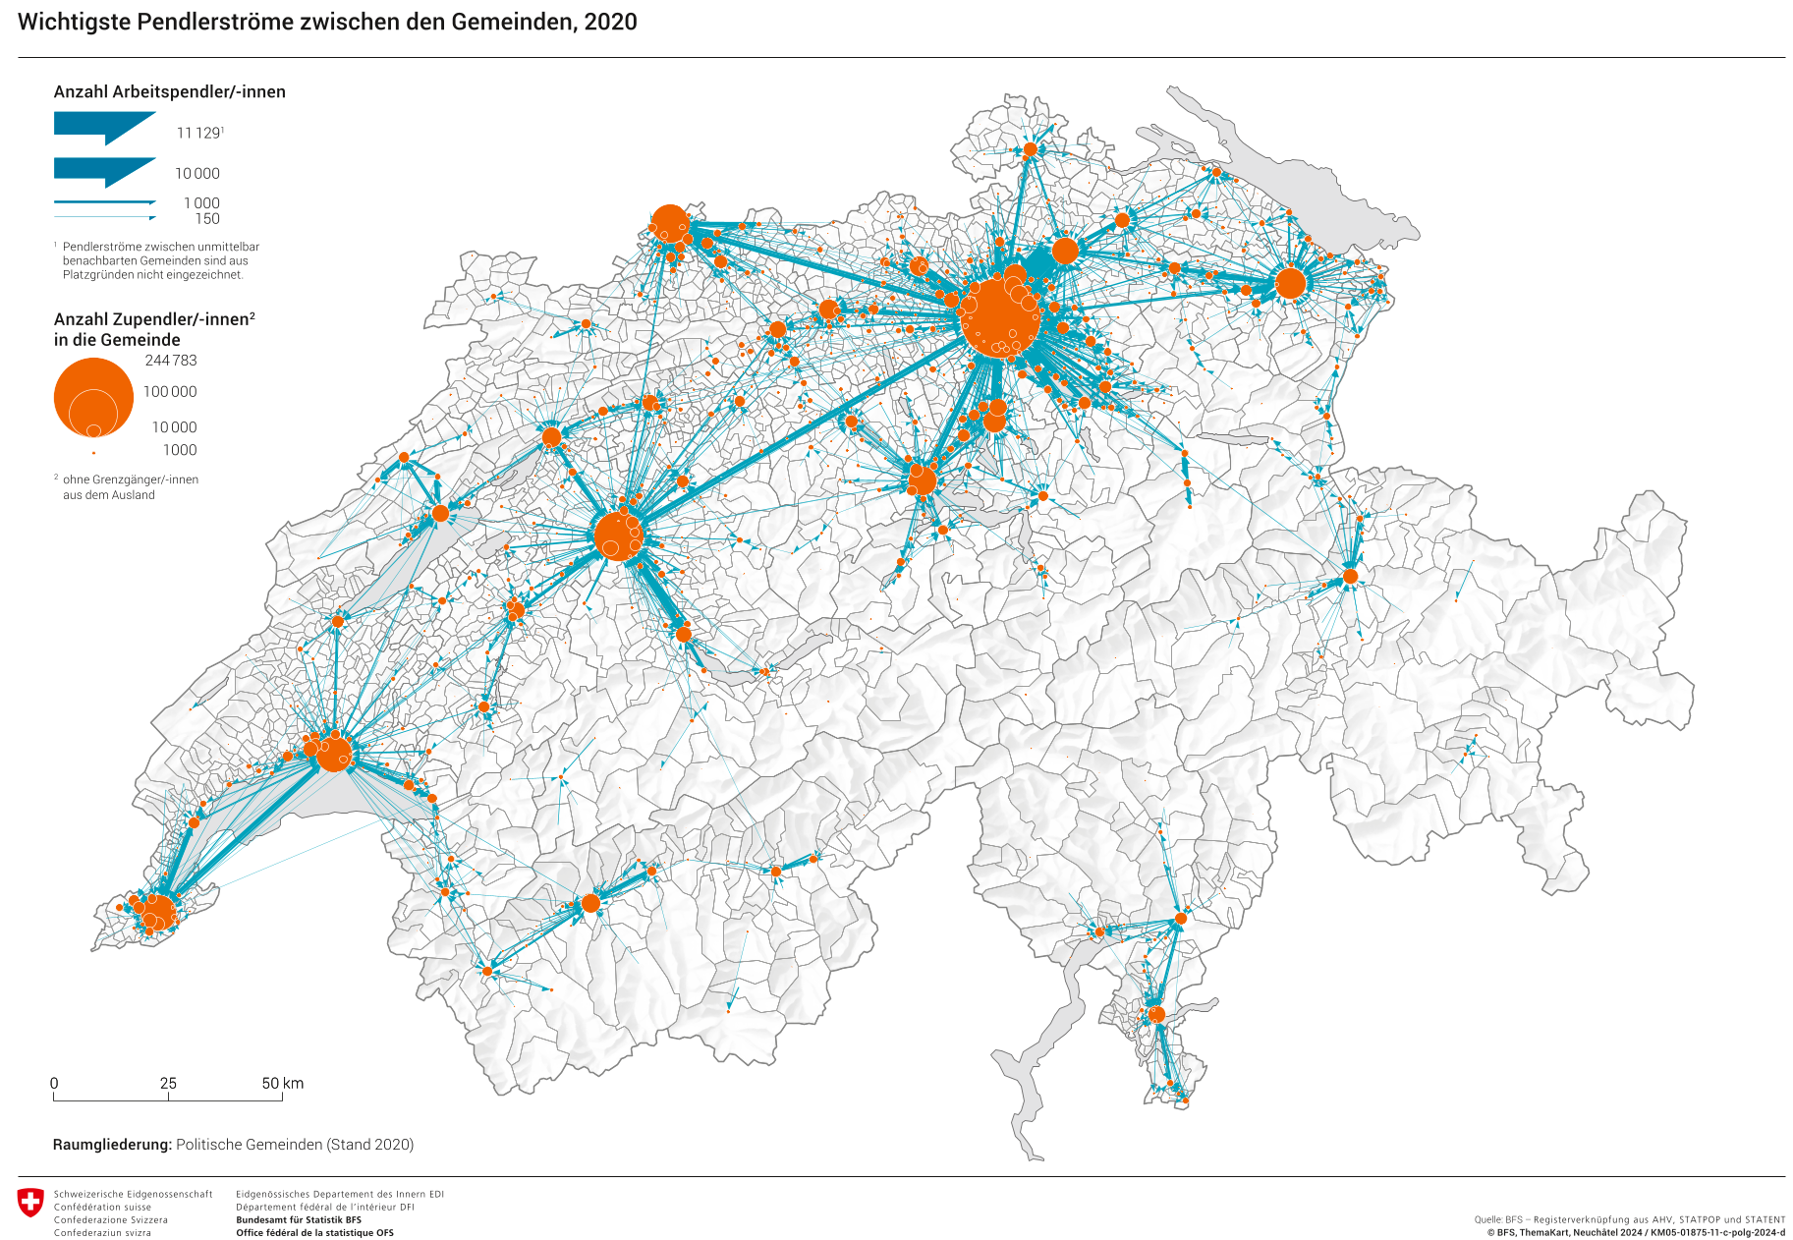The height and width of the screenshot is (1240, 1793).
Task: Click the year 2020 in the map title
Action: tap(610, 22)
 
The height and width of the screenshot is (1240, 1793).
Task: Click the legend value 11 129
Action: tap(198, 133)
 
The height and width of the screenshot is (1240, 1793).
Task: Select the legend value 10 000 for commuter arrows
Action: tap(197, 173)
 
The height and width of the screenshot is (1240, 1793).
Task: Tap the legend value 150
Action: tap(207, 219)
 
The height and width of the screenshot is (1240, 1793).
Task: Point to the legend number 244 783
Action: tap(171, 361)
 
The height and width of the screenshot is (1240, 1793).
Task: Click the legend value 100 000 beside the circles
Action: tap(170, 391)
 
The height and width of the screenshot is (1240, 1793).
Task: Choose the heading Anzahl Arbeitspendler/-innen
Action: tap(169, 91)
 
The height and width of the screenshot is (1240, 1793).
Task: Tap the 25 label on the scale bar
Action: tap(168, 1083)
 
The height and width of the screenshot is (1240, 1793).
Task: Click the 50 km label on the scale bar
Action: tap(282, 1083)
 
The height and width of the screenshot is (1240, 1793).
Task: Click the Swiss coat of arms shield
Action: tap(30, 1202)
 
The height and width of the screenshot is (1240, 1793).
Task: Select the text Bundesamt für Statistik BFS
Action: tap(299, 1219)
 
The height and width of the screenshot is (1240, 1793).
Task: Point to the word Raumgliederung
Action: tap(112, 1145)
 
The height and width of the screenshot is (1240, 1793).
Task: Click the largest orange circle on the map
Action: tap(1000, 316)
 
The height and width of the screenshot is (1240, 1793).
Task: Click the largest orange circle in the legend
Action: tap(93, 397)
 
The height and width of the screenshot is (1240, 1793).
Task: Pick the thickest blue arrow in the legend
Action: tap(104, 127)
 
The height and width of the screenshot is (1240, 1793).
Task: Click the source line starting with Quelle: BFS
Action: tap(1629, 1219)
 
